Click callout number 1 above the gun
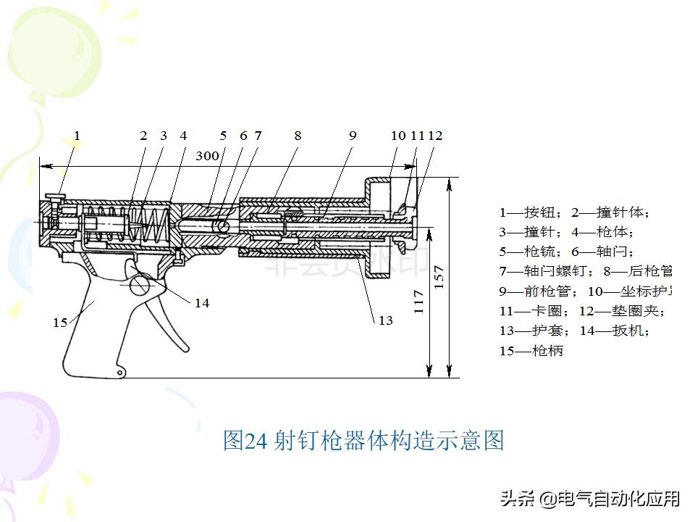(x=77, y=136)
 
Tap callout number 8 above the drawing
(x=298, y=136)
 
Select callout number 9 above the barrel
(x=353, y=136)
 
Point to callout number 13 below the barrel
(x=386, y=320)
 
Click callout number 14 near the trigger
(x=202, y=303)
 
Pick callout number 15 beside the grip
(x=60, y=322)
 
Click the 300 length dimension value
(x=208, y=155)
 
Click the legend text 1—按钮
(x=531, y=212)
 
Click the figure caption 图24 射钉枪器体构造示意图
(x=363, y=440)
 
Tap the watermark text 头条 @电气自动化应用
(x=589, y=499)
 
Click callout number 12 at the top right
(x=435, y=136)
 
